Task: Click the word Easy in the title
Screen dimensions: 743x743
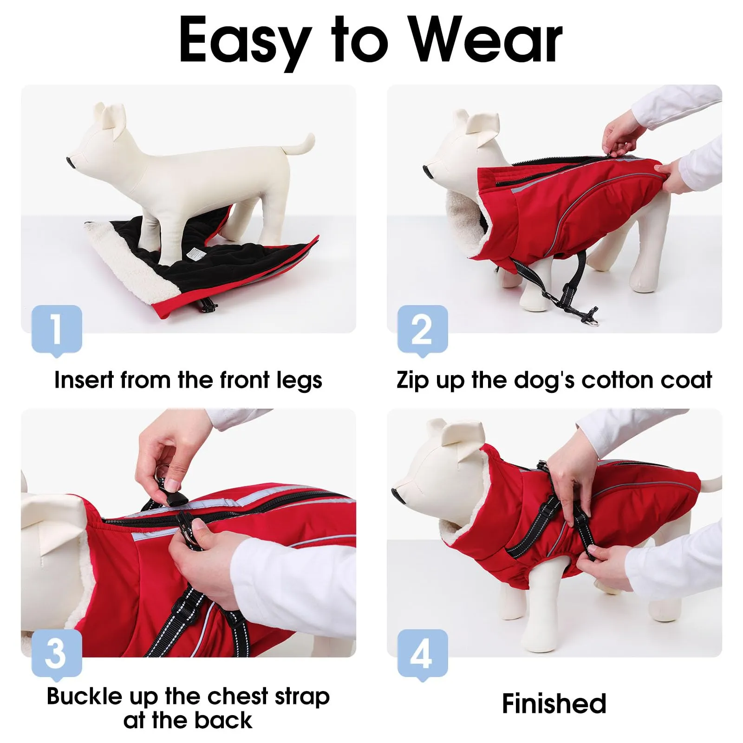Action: tap(245, 41)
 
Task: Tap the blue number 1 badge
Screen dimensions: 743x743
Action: tap(57, 330)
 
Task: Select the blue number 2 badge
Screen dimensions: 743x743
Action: tap(423, 330)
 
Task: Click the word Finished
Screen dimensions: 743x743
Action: tap(554, 704)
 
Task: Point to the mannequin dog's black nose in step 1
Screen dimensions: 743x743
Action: tap(70, 162)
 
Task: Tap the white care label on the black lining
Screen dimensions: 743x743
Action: tap(194, 254)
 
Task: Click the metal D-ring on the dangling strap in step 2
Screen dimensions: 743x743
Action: tap(593, 322)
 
